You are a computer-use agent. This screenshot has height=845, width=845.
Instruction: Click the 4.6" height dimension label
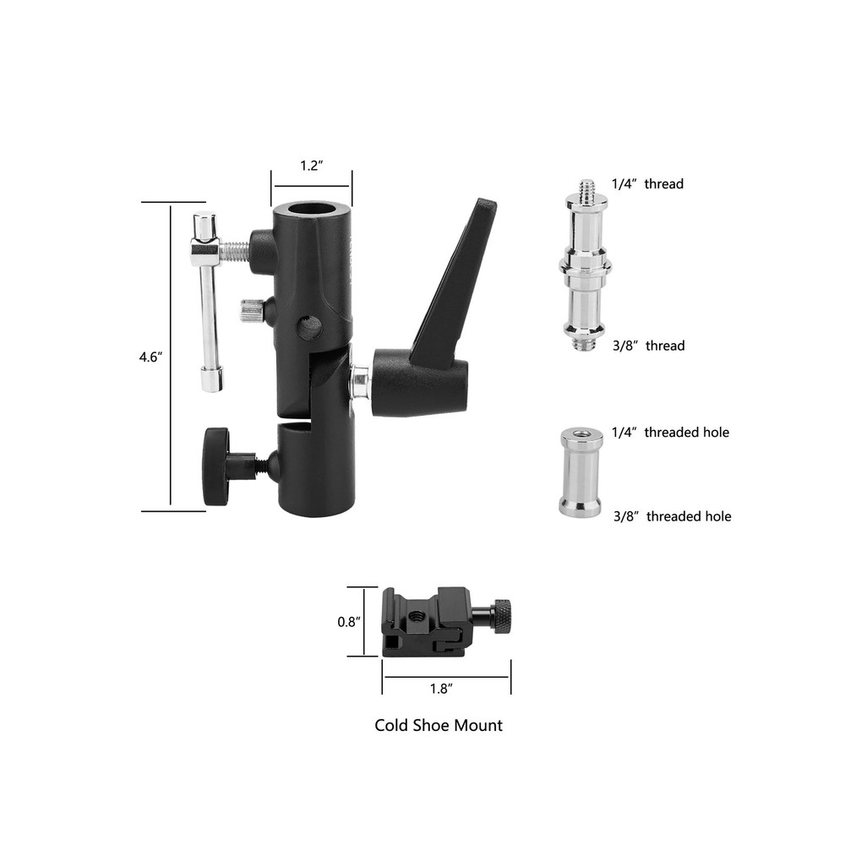pos(150,357)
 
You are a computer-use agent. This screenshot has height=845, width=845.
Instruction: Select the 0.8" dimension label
pos(350,622)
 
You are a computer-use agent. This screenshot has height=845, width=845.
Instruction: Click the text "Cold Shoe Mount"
pos(439,725)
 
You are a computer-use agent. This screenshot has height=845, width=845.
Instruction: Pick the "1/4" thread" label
pos(648,183)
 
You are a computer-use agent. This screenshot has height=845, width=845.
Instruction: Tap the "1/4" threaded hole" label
pos(670,433)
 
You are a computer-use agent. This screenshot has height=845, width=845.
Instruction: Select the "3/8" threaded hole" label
pos(672,516)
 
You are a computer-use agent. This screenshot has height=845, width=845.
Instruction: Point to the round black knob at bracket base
pos(216,466)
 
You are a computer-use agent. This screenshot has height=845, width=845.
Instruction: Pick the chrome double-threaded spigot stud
pos(586,267)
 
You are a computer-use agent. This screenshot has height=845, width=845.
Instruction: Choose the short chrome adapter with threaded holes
pos(580,472)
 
